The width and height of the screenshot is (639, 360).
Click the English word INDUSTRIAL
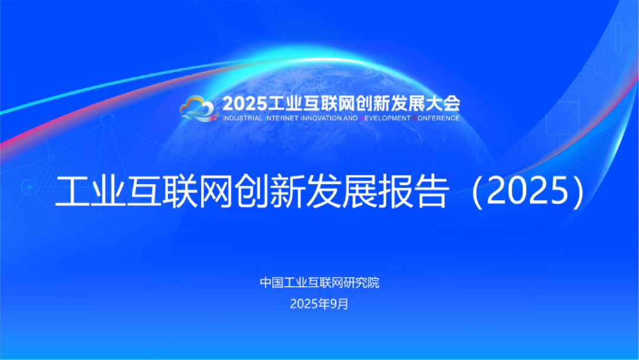point(241,118)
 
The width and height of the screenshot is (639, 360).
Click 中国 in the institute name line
point(270,283)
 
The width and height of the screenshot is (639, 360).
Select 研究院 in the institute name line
point(361,283)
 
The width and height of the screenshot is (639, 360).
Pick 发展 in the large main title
point(346,192)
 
